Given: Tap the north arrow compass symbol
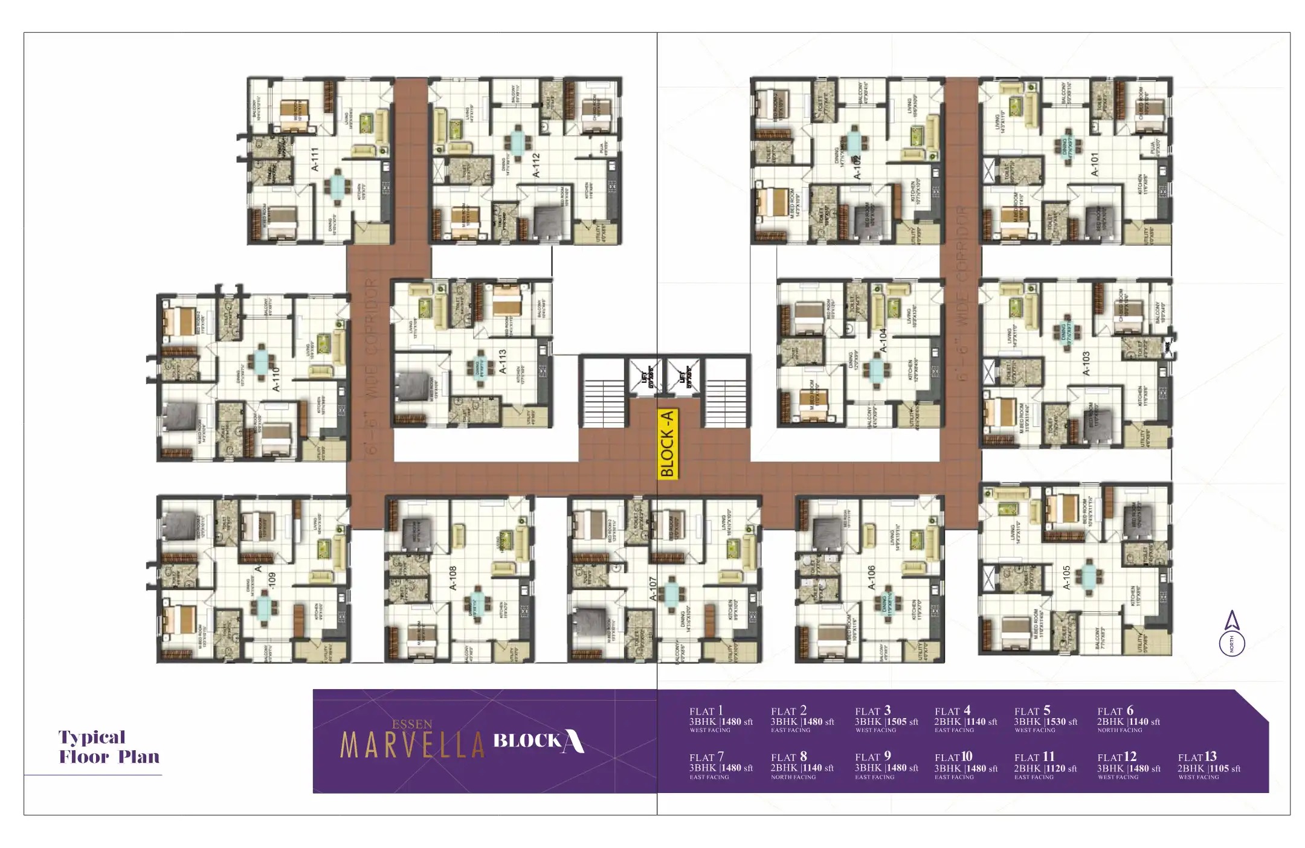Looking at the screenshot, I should (1232, 634).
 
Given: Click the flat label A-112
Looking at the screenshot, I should (536, 165).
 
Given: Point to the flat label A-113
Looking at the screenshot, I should (502, 361).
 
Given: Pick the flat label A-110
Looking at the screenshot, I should (276, 379).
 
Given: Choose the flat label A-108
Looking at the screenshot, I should (453, 578).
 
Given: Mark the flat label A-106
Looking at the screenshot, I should (871, 578).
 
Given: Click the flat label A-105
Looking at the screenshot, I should (1066, 578).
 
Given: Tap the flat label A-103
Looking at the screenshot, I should (1086, 364).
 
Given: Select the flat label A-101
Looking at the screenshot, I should (1095, 164).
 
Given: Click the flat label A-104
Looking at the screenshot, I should (883, 341).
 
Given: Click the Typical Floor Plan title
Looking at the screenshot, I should (109, 747).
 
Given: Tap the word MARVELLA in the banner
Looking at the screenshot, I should (413, 745).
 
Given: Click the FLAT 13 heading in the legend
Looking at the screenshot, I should (1197, 757).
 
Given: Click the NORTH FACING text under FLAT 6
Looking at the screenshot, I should (1120, 730).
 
